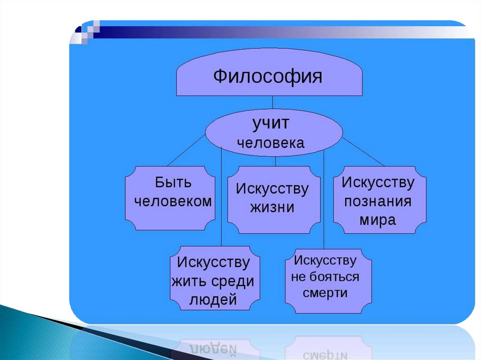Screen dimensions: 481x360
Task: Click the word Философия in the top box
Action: (268, 77)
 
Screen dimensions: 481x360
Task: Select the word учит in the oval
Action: (271, 124)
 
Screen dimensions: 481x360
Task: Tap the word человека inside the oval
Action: (271, 143)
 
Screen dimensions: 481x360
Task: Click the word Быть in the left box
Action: (173, 182)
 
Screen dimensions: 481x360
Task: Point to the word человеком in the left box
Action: (173, 201)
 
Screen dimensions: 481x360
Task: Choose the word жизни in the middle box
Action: (272, 207)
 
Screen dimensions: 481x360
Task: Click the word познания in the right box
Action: (378, 202)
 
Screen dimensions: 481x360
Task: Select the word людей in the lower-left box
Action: (213, 300)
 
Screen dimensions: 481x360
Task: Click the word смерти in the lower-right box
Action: (325, 293)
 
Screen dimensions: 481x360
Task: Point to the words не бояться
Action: (325, 276)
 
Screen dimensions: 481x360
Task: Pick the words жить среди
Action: (213, 282)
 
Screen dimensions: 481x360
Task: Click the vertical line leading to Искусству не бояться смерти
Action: (324, 202)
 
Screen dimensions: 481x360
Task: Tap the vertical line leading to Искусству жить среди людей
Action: (221, 202)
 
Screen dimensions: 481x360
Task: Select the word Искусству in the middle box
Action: (272, 189)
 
